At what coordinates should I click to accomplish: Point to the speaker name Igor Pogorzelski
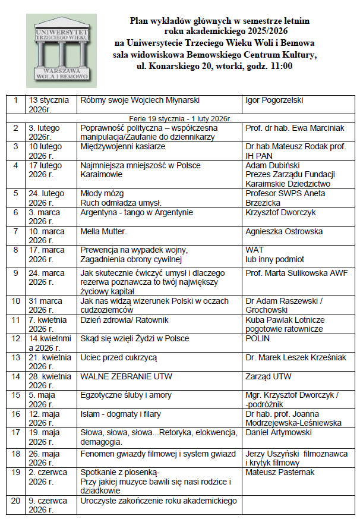click(273, 99)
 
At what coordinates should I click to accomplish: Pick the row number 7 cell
click(15, 231)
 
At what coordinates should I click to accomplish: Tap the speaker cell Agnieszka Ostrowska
click(284, 231)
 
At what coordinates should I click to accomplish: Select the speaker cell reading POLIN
click(257, 338)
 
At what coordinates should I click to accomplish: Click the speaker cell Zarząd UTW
click(269, 376)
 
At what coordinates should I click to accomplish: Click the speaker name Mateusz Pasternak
click(279, 472)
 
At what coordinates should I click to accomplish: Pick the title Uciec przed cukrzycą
click(119, 357)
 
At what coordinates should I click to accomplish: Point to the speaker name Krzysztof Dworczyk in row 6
click(282, 212)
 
